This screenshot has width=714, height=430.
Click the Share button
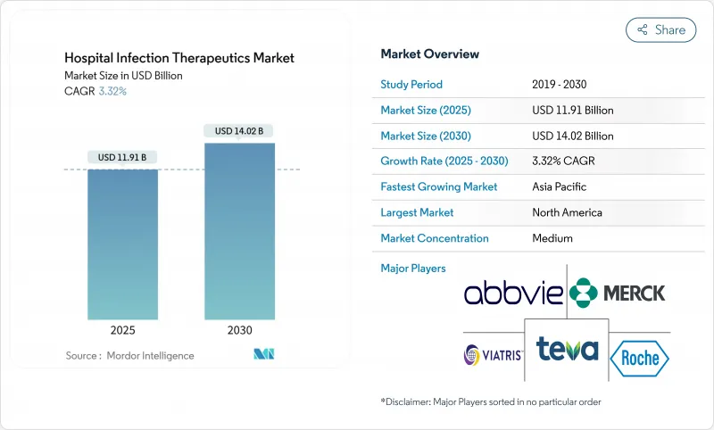click(x=660, y=29)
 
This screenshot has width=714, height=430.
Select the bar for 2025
click(x=122, y=244)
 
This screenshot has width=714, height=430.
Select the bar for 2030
click(x=239, y=231)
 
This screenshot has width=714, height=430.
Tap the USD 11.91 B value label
click(x=122, y=158)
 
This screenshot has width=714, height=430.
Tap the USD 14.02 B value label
click(x=239, y=131)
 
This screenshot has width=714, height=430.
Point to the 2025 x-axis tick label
click(x=122, y=329)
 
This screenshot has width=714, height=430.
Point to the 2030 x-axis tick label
click(x=239, y=329)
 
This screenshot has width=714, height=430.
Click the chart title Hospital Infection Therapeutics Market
click(x=179, y=58)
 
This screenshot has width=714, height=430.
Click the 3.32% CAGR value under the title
click(x=112, y=91)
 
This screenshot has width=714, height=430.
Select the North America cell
click(x=567, y=212)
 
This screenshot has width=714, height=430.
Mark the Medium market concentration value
click(x=552, y=238)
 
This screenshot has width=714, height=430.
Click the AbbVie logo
click(x=513, y=292)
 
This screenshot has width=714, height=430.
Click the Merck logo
click(x=618, y=293)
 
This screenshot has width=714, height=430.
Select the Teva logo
click(x=566, y=349)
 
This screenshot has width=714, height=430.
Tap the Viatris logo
click(x=494, y=355)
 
